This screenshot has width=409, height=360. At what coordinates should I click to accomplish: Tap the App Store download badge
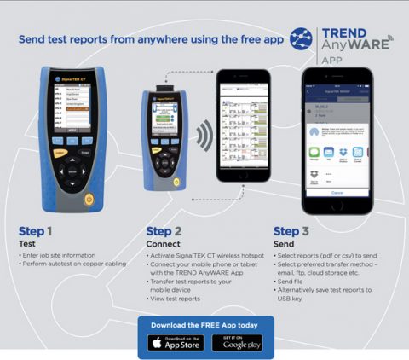tap(176, 343)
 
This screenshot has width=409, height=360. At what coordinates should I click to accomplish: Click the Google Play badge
tap(237, 343)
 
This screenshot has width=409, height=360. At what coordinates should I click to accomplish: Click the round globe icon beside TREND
tap(302, 39)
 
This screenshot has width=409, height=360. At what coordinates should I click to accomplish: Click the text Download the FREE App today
tap(205, 325)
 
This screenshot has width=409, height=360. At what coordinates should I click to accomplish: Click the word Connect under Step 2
tap(163, 243)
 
